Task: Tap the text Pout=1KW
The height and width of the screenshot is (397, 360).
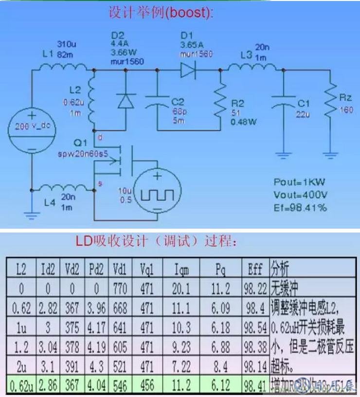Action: point(299,182)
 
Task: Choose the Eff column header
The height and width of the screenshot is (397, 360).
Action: point(255,268)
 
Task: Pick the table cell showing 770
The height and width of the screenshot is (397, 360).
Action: point(120,290)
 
